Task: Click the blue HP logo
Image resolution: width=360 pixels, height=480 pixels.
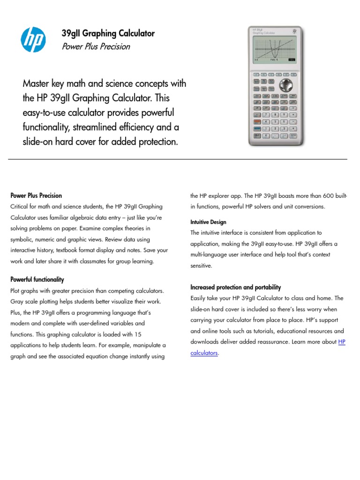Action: pyautogui.click(x=33, y=39)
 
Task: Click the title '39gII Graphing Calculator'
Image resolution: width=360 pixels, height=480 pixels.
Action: pyautogui.click(x=108, y=33)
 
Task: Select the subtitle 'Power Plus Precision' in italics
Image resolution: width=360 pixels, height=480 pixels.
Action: pyautogui.click(x=96, y=46)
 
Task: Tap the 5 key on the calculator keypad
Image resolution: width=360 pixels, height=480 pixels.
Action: pyautogui.click(x=275, y=121)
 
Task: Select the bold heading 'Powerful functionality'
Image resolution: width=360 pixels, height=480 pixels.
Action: pyautogui.click(x=37, y=279)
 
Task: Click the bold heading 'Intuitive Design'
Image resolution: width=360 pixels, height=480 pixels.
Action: pyautogui.click(x=208, y=222)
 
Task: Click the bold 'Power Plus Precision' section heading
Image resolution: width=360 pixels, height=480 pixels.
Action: pyautogui.click(x=36, y=195)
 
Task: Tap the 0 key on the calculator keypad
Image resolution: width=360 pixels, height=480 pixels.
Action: pyautogui.click(x=266, y=136)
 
